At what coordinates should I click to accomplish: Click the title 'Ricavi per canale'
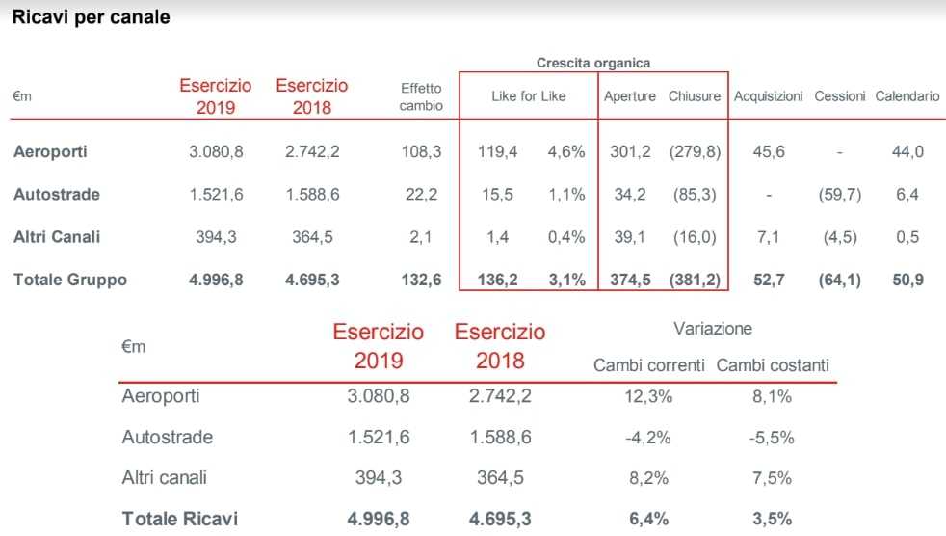pyautogui.click(x=91, y=17)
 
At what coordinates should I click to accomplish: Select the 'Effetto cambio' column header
pyautogui.click(x=421, y=96)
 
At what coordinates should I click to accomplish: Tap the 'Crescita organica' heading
pyautogui.click(x=592, y=63)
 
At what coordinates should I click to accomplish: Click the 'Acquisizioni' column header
pyautogui.click(x=768, y=96)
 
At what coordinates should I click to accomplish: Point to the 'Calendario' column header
pyautogui.click(x=907, y=96)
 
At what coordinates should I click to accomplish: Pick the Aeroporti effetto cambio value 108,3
pyautogui.click(x=421, y=151)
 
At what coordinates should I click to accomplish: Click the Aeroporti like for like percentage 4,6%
pyautogui.click(x=566, y=151)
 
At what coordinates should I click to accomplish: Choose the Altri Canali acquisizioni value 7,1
pyautogui.click(x=768, y=237)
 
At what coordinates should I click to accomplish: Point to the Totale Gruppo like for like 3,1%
pyautogui.click(x=566, y=281)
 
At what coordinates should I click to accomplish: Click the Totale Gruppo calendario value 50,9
pyautogui.click(x=907, y=281)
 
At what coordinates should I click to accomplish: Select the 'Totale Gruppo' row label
pyautogui.click(x=70, y=281)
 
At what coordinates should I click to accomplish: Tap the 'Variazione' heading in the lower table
pyautogui.click(x=713, y=329)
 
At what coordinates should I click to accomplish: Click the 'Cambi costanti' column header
pyautogui.click(x=773, y=365)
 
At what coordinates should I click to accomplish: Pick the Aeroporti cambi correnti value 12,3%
pyautogui.click(x=648, y=395)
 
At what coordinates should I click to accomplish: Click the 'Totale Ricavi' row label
pyautogui.click(x=179, y=519)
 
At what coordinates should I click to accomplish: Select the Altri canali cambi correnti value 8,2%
pyautogui.click(x=648, y=477)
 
